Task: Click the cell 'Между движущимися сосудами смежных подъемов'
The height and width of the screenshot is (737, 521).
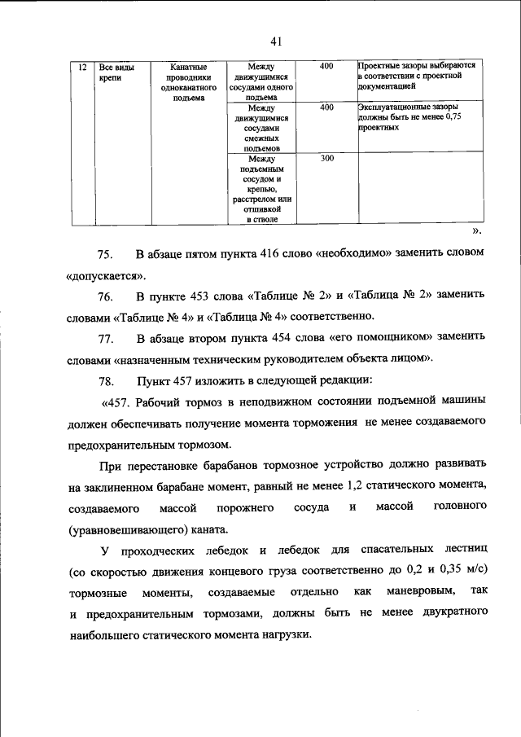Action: click(263, 129)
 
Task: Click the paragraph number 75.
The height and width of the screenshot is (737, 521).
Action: click(108, 254)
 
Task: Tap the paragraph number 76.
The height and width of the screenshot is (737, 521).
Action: click(108, 294)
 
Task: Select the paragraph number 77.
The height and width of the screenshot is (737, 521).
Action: click(108, 336)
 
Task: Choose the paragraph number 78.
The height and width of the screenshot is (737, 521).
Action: click(108, 379)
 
